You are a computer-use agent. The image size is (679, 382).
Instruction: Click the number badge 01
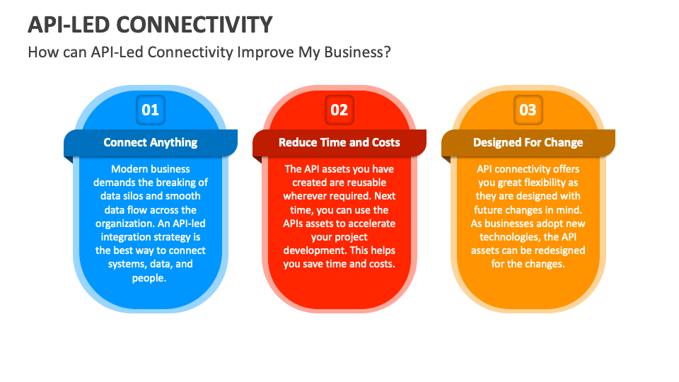151,110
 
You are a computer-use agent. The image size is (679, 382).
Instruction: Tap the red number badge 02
339,110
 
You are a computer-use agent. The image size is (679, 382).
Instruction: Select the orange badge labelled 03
528,110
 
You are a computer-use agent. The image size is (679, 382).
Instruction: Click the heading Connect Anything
151,142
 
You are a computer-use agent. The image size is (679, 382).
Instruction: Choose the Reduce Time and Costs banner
339,142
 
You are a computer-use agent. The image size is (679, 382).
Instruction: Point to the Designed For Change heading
528,142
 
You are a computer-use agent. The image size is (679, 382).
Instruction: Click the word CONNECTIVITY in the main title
194,25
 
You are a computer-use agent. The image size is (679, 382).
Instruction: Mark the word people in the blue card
149,277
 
